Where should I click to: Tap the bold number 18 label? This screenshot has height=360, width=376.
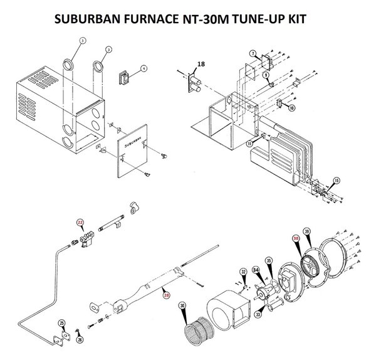point(201,65)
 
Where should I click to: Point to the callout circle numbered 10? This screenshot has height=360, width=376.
point(291,108)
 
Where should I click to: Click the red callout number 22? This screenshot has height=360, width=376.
point(80,221)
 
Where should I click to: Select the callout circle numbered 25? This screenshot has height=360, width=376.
point(61,323)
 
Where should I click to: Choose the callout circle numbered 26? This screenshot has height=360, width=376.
point(80,339)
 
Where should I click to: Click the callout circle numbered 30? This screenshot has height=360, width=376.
point(182,307)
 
